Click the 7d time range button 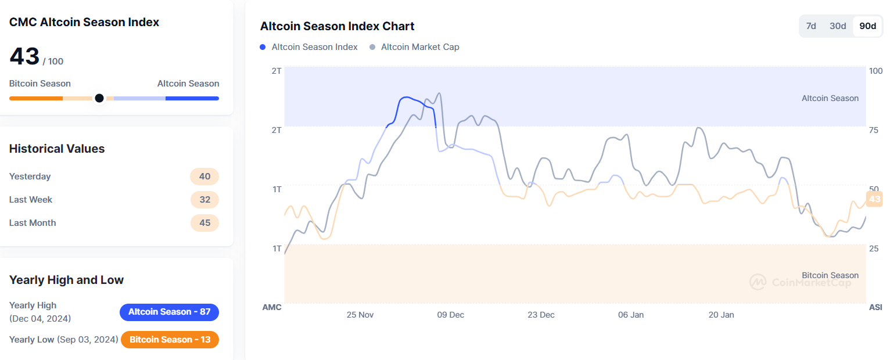[x=811, y=26]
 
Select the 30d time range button [x=838, y=26]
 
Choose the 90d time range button [x=867, y=26]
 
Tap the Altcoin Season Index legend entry [x=308, y=47]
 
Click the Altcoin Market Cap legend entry [x=414, y=47]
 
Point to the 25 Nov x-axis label [x=360, y=315]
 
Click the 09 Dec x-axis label [x=451, y=315]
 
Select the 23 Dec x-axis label [x=541, y=315]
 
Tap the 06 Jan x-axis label [x=631, y=315]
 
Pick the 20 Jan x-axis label [x=721, y=315]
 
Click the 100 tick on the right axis [x=875, y=71]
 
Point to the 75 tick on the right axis [x=874, y=130]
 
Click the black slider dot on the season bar [x=99, y=98]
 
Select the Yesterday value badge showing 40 [x=204, y=177]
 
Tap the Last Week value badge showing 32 [x=204, y=200]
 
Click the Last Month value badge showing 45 [x=204, y=222]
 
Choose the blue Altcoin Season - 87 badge [x=169, y=312]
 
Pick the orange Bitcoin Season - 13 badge [x=170, y=340]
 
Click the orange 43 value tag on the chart [x=874, y=199]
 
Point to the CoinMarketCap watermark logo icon [x=758, y=282]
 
